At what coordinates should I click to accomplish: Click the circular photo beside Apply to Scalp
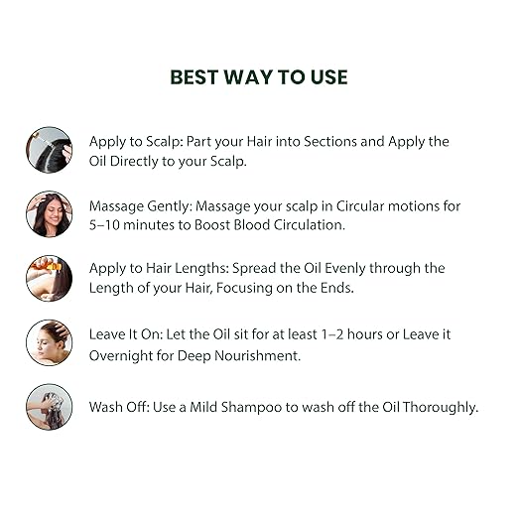pos(50,150)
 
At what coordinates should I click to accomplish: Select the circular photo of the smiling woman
pos(50,214)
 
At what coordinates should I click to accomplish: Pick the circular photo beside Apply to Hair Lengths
pos(50,278)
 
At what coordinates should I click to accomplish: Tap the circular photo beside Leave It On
pos(50,342)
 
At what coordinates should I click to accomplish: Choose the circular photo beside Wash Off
pos(50,407)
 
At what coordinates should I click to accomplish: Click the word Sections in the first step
pos(330,142)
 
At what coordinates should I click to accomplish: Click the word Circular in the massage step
pos(360,206)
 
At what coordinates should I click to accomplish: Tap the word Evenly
pos(345,268)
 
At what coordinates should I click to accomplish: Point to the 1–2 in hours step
pos(332,334)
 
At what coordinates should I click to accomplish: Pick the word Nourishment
pos(257,356)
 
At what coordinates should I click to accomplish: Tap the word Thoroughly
pos(441,408)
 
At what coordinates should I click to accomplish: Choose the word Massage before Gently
pos(116,206)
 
